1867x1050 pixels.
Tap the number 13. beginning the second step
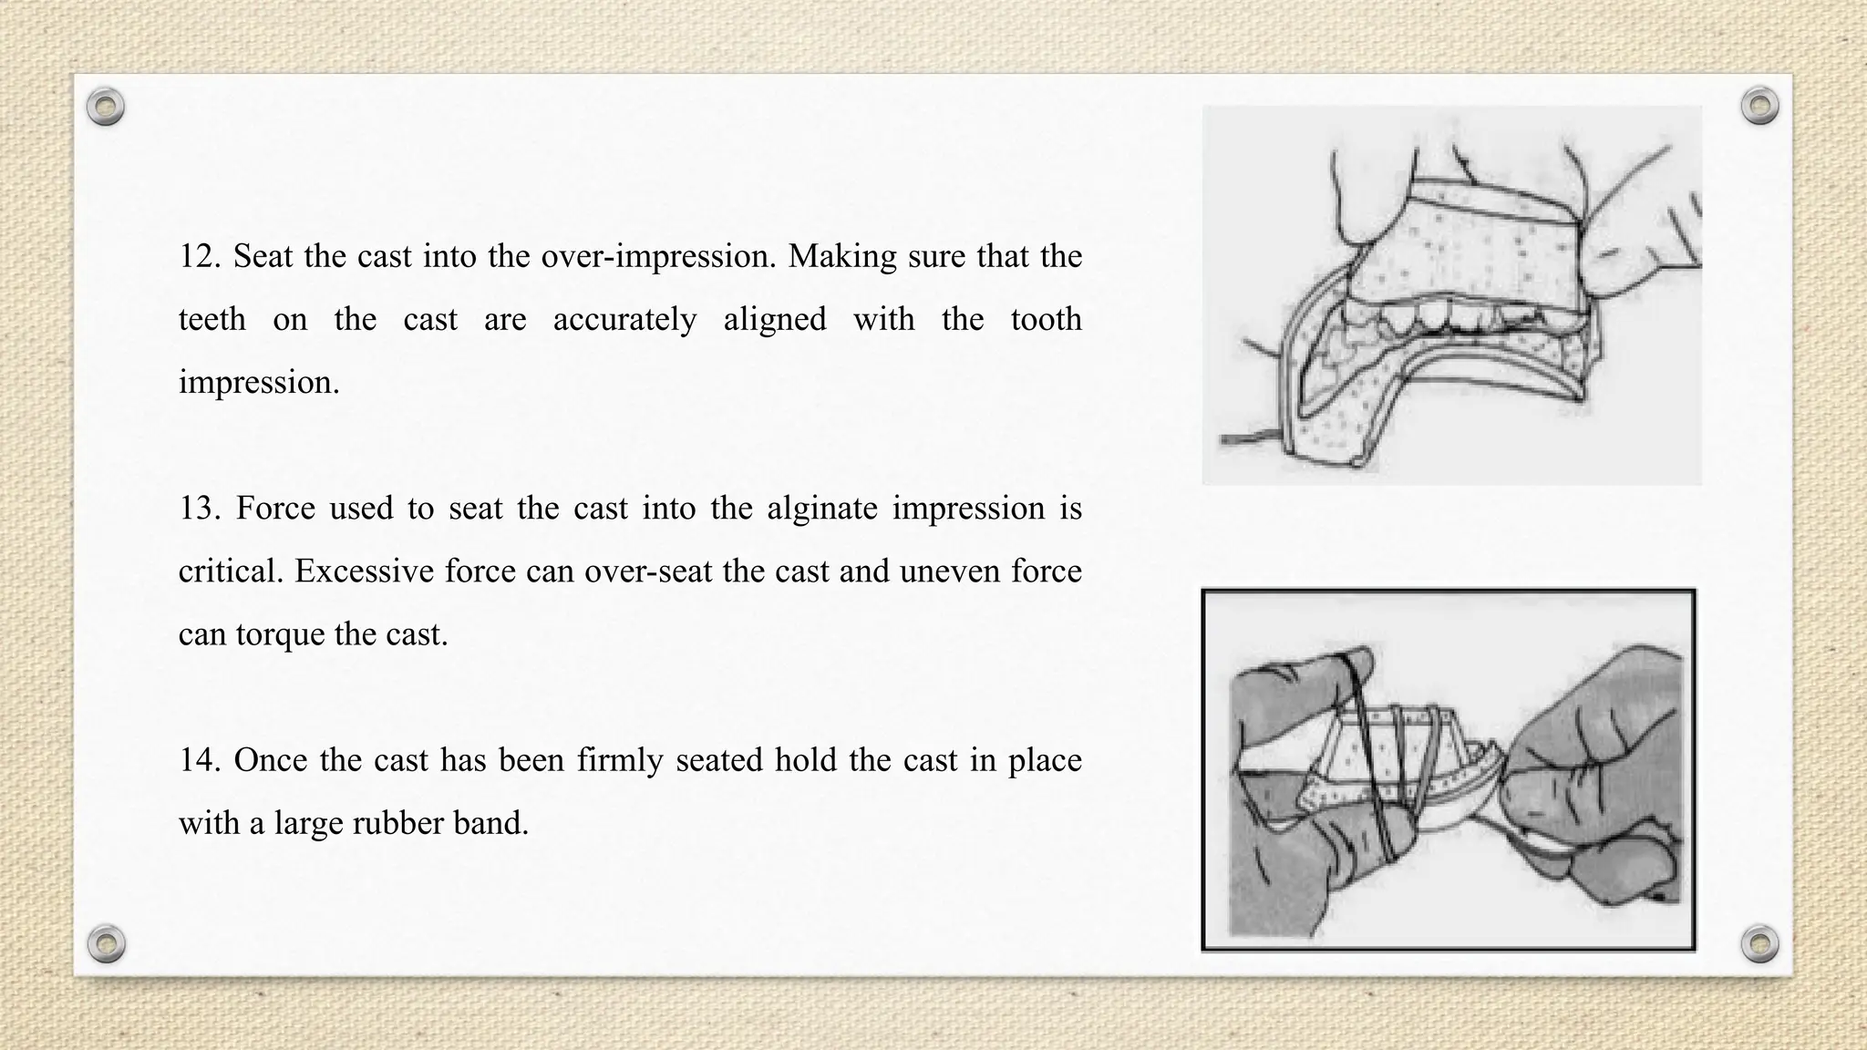point(199,509)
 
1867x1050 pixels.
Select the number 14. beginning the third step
point(199,760)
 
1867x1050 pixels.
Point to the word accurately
point(624,320)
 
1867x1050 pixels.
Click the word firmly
point(619,760)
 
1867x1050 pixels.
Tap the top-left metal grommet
point(106,108)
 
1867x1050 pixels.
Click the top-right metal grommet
point(1759,107)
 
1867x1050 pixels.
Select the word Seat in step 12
point(263,257)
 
